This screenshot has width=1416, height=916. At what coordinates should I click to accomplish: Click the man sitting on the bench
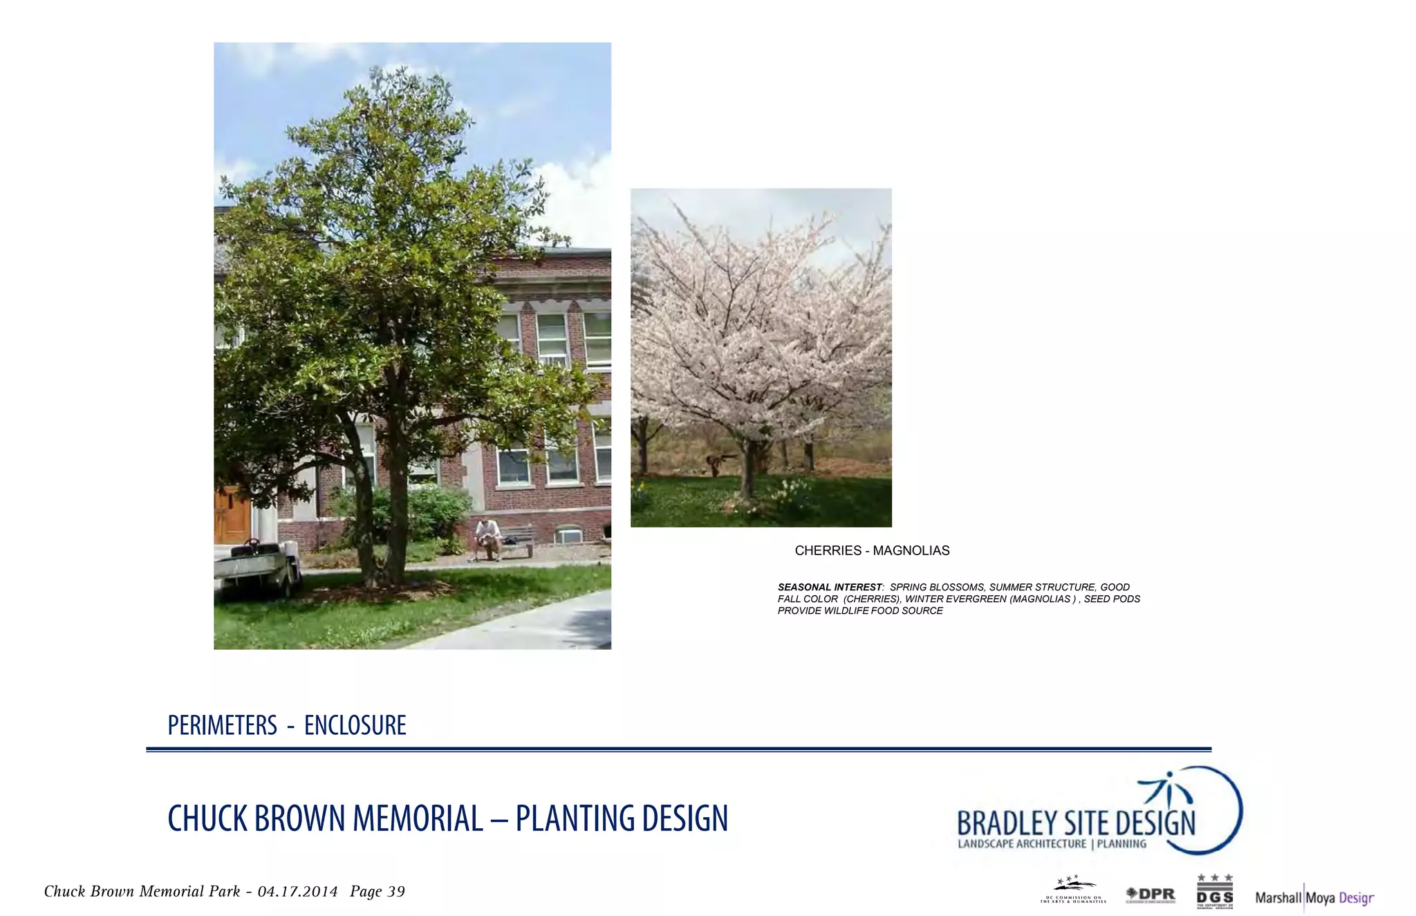(488, 538)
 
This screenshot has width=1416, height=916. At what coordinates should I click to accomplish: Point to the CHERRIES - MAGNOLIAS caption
(872, 550)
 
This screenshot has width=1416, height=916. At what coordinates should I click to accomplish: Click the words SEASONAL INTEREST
(830, 587)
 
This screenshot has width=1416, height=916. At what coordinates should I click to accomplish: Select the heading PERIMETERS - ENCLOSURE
(286, 725)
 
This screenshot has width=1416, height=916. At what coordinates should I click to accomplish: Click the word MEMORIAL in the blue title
(418, 819)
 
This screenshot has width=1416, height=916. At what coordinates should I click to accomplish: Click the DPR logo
(1150, 895)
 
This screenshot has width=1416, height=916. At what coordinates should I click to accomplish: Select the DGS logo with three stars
(1215, 892)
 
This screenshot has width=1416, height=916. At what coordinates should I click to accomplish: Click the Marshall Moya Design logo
(1314, 897)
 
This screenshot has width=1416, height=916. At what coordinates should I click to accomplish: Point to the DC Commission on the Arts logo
(1073, 891)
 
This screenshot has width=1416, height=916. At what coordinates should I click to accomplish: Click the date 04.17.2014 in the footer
(297, 892)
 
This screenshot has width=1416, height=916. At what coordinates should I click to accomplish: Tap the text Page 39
(378, 892)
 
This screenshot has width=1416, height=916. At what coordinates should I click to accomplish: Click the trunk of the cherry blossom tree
(747, 471)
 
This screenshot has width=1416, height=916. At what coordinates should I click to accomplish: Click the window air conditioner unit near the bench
(569, 535)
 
